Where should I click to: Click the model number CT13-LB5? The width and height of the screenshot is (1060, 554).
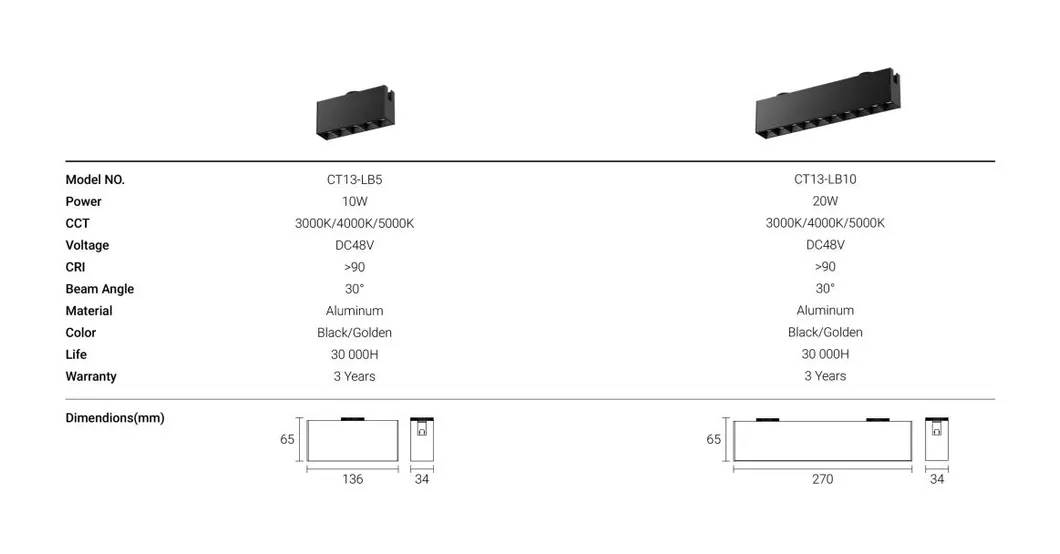click(354, 180)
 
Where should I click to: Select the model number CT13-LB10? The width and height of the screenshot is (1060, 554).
click(825, 180)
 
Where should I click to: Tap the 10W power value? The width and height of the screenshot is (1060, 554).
click(354, 202)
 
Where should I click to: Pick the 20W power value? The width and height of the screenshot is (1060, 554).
click(825, 202)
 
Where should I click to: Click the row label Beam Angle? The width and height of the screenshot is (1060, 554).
click(99, 289)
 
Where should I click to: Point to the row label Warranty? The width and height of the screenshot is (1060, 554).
click(91, 377)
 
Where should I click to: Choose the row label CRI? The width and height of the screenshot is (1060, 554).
click(77, 267)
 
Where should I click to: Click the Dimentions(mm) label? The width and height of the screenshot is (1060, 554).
click(114, 418)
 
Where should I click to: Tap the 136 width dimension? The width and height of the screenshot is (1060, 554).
click(353, 480)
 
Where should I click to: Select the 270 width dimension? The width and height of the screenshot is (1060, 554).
click(822, 480)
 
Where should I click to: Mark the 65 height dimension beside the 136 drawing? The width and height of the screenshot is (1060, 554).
click(287, 439)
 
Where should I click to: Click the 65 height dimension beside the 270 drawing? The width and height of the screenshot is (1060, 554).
click(714, 439)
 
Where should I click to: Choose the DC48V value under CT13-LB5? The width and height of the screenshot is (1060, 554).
click(354, 245)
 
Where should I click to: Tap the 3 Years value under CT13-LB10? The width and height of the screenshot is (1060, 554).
click(825, 377)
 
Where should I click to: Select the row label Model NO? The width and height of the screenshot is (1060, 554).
click(95, 180)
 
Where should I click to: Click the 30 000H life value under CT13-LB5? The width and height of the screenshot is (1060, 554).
click(354, 355)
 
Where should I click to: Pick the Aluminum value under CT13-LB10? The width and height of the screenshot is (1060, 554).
click(825, 311)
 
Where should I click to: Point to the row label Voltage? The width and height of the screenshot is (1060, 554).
click(87, 245)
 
